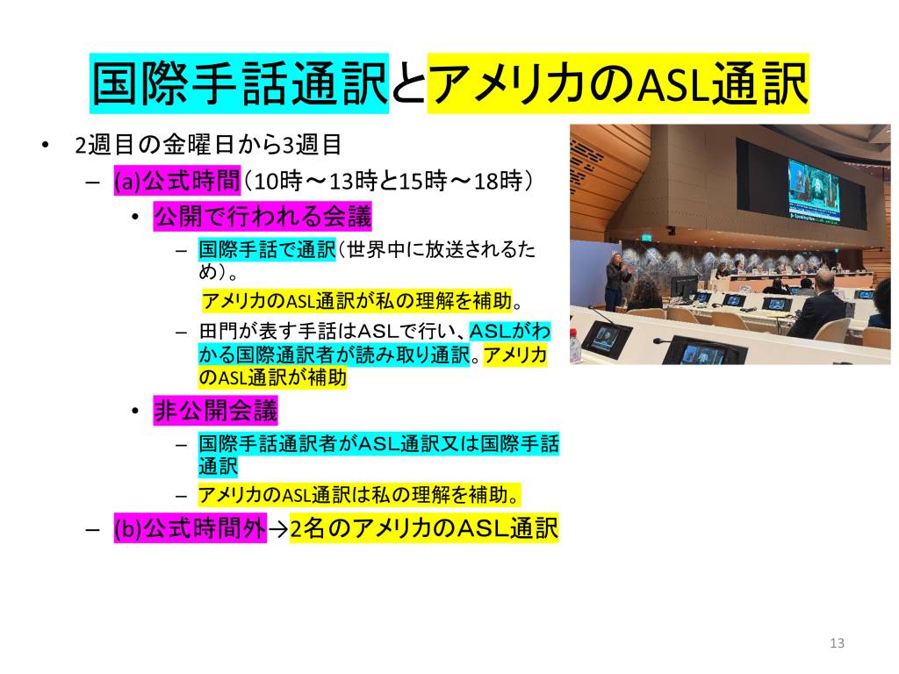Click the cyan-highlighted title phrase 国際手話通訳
[239, 83]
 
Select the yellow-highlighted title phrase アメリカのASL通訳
[618, 83]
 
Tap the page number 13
[837, 643]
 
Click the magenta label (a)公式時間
[176, 181]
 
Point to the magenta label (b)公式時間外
[191, 528]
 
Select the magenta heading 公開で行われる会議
[263, 217]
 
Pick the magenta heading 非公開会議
[216, 411]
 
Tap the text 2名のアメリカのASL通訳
[424, 528]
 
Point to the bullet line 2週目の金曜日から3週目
[208, 145]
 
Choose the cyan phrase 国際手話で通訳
[267, 250]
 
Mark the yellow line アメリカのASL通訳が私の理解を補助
[356, 300]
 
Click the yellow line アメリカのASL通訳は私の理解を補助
[359, 495]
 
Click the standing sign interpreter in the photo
[617, 281]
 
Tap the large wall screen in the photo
[814, 190]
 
